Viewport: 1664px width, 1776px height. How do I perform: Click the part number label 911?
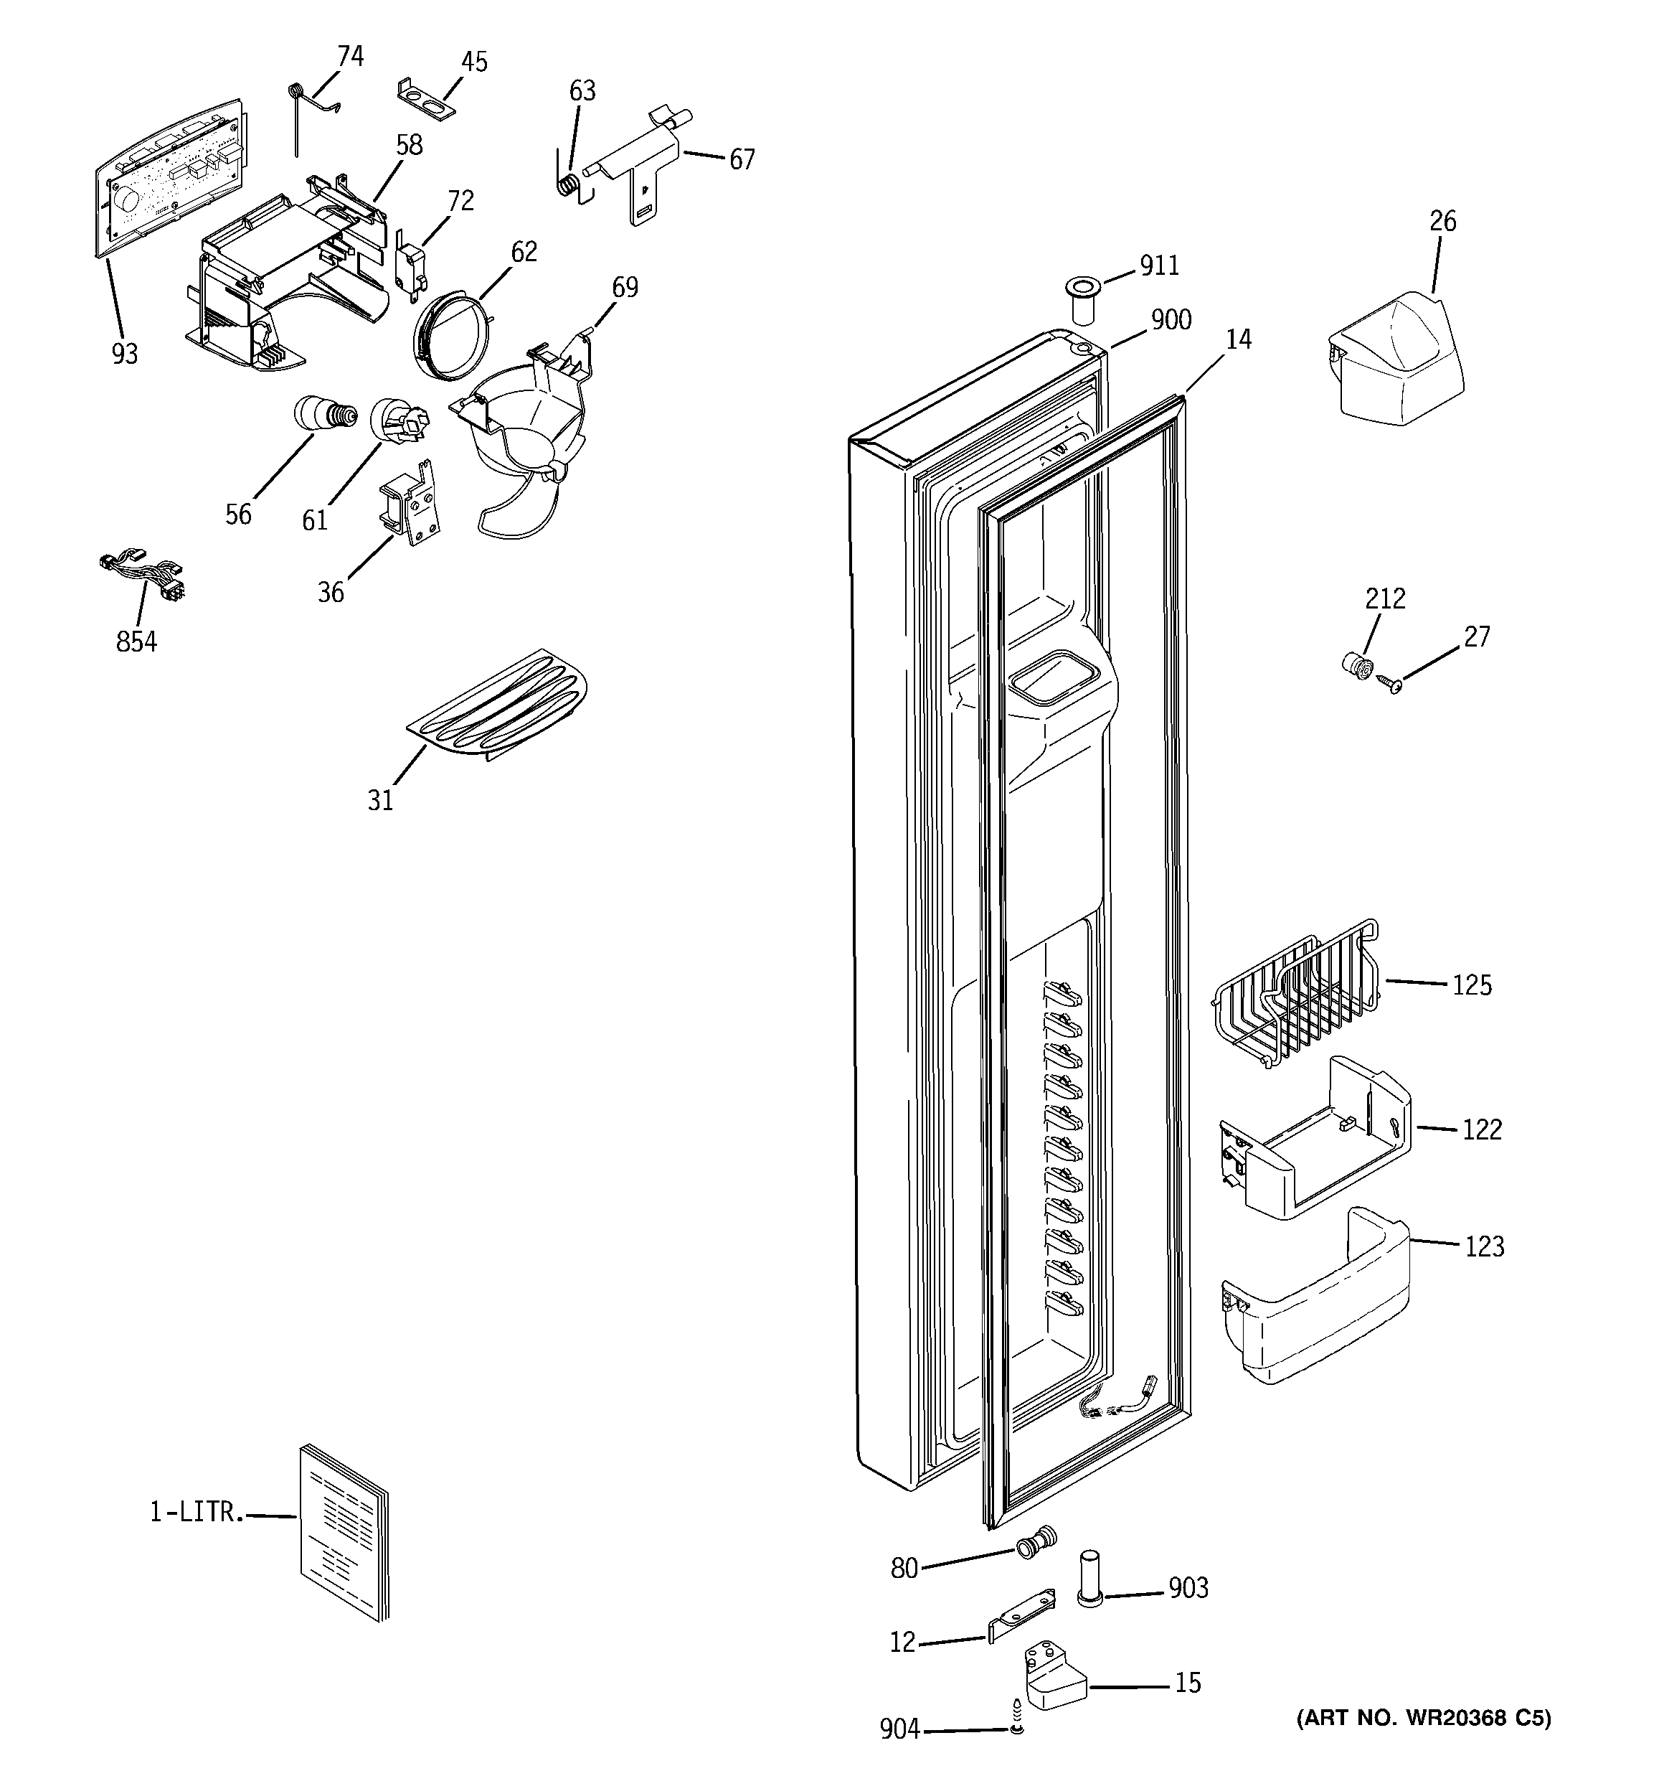(1159, 266)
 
